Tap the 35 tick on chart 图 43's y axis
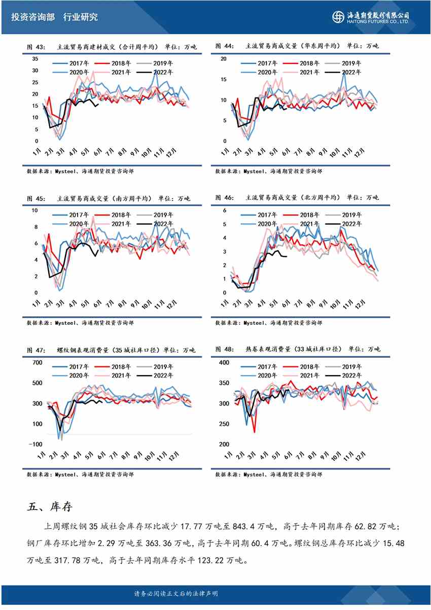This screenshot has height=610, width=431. (x=35, y=58)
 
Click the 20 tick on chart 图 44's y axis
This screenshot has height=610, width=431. (x=224, y=58)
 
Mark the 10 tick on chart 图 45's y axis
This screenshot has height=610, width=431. (x=35, y=210)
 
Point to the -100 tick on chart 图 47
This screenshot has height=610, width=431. (x=35, y=444)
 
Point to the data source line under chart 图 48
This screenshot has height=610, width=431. (x=268, y=474)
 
